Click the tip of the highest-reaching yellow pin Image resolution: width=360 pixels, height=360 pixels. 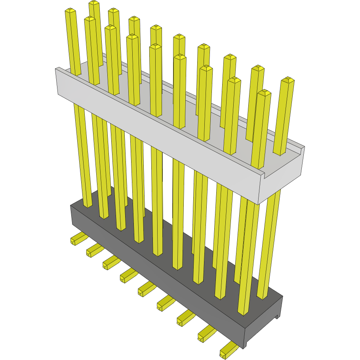[94, 3]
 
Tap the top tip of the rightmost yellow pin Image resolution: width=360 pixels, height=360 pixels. [288, 80]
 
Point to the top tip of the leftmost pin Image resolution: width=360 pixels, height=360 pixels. [70, 11]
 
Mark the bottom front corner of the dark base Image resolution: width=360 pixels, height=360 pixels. [244, 344]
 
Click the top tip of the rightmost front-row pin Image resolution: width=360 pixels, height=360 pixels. [264, 93]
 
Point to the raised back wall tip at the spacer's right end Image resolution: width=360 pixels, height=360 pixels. [304, 148]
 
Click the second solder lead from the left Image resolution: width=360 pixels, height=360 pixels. [93, 250]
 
